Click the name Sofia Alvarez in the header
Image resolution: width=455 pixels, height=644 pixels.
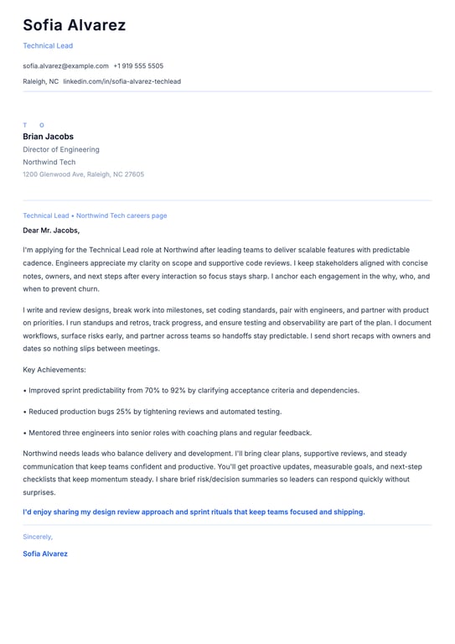[x=74, y=25]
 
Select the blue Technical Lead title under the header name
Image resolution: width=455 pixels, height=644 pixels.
[x=48, y=46]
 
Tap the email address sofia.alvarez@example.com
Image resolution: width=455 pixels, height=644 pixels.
[x=65, y=66]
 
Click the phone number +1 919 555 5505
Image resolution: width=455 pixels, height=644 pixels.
[x=138, y=66]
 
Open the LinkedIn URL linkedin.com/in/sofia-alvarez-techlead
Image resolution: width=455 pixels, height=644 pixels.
[x=122, y=82]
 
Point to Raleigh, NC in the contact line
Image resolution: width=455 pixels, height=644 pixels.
[x=40, y=82]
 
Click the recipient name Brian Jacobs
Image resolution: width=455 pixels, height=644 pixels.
[x=48, y=137]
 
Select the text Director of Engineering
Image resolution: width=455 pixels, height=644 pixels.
[x=61, y=150]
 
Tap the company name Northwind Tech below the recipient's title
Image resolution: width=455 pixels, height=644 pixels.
[x=49, y=163]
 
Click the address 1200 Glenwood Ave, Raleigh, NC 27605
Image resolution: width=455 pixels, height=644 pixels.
[x=83, y=175]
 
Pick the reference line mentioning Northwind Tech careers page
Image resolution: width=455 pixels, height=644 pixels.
[x=95, y=216]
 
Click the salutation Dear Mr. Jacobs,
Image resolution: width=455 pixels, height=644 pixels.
[x=51, y=230]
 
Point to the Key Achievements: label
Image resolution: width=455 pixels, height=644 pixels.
[x=54, y=370]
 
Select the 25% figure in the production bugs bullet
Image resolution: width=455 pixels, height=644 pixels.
[x=122, y=412]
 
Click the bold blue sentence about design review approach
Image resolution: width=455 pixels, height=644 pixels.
[x=194, y=512]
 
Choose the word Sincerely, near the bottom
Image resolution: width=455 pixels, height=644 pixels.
[x=38, y=537]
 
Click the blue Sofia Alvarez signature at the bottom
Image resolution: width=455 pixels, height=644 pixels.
[x=45, y=554]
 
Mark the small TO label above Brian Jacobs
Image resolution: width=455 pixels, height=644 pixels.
[x=34, y=125]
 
